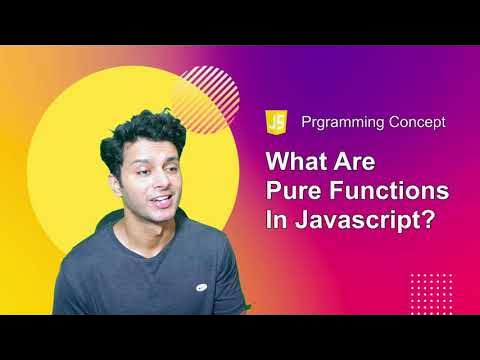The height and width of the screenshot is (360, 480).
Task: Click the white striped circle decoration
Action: click(x=204, y=95)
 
